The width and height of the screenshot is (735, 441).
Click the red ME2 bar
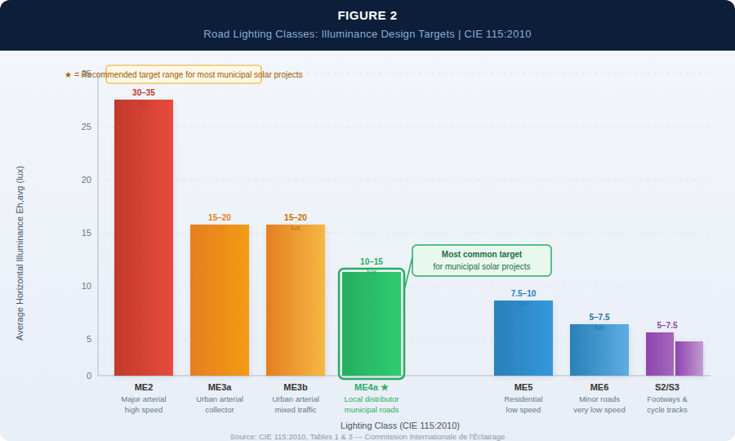tap(144, 238)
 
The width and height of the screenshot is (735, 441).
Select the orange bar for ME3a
tap(220, 300)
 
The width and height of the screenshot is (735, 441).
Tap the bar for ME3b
tap(296, 300)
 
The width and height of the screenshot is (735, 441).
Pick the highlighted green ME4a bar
tap(372, 323)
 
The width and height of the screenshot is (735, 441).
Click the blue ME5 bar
tap(523, 338)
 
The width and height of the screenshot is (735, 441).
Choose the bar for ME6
tap(599, 350)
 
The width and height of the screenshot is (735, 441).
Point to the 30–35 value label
tap(144, 92)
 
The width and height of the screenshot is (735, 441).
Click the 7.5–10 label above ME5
tap(523, 293)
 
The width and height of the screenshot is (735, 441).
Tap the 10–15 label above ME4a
tap(372, 261)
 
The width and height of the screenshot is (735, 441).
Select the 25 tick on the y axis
tap(87, 127)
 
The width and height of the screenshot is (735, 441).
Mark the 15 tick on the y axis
tap(87, 233)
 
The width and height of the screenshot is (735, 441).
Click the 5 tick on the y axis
tap(89, 339)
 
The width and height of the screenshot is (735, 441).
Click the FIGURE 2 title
tap(367, 16)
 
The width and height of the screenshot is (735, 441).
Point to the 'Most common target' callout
tap(482, 261)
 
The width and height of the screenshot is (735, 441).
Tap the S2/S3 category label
tap(667, 387)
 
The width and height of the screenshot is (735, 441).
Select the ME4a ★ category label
tap(372, 387)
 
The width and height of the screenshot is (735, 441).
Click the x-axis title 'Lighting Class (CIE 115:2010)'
tap(400, 425)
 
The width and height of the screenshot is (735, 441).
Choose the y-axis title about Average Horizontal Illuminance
tap(20, 253)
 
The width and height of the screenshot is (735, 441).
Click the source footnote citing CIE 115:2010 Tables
tap(367, 437)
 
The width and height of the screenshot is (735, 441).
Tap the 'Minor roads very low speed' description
tap(599, 404)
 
